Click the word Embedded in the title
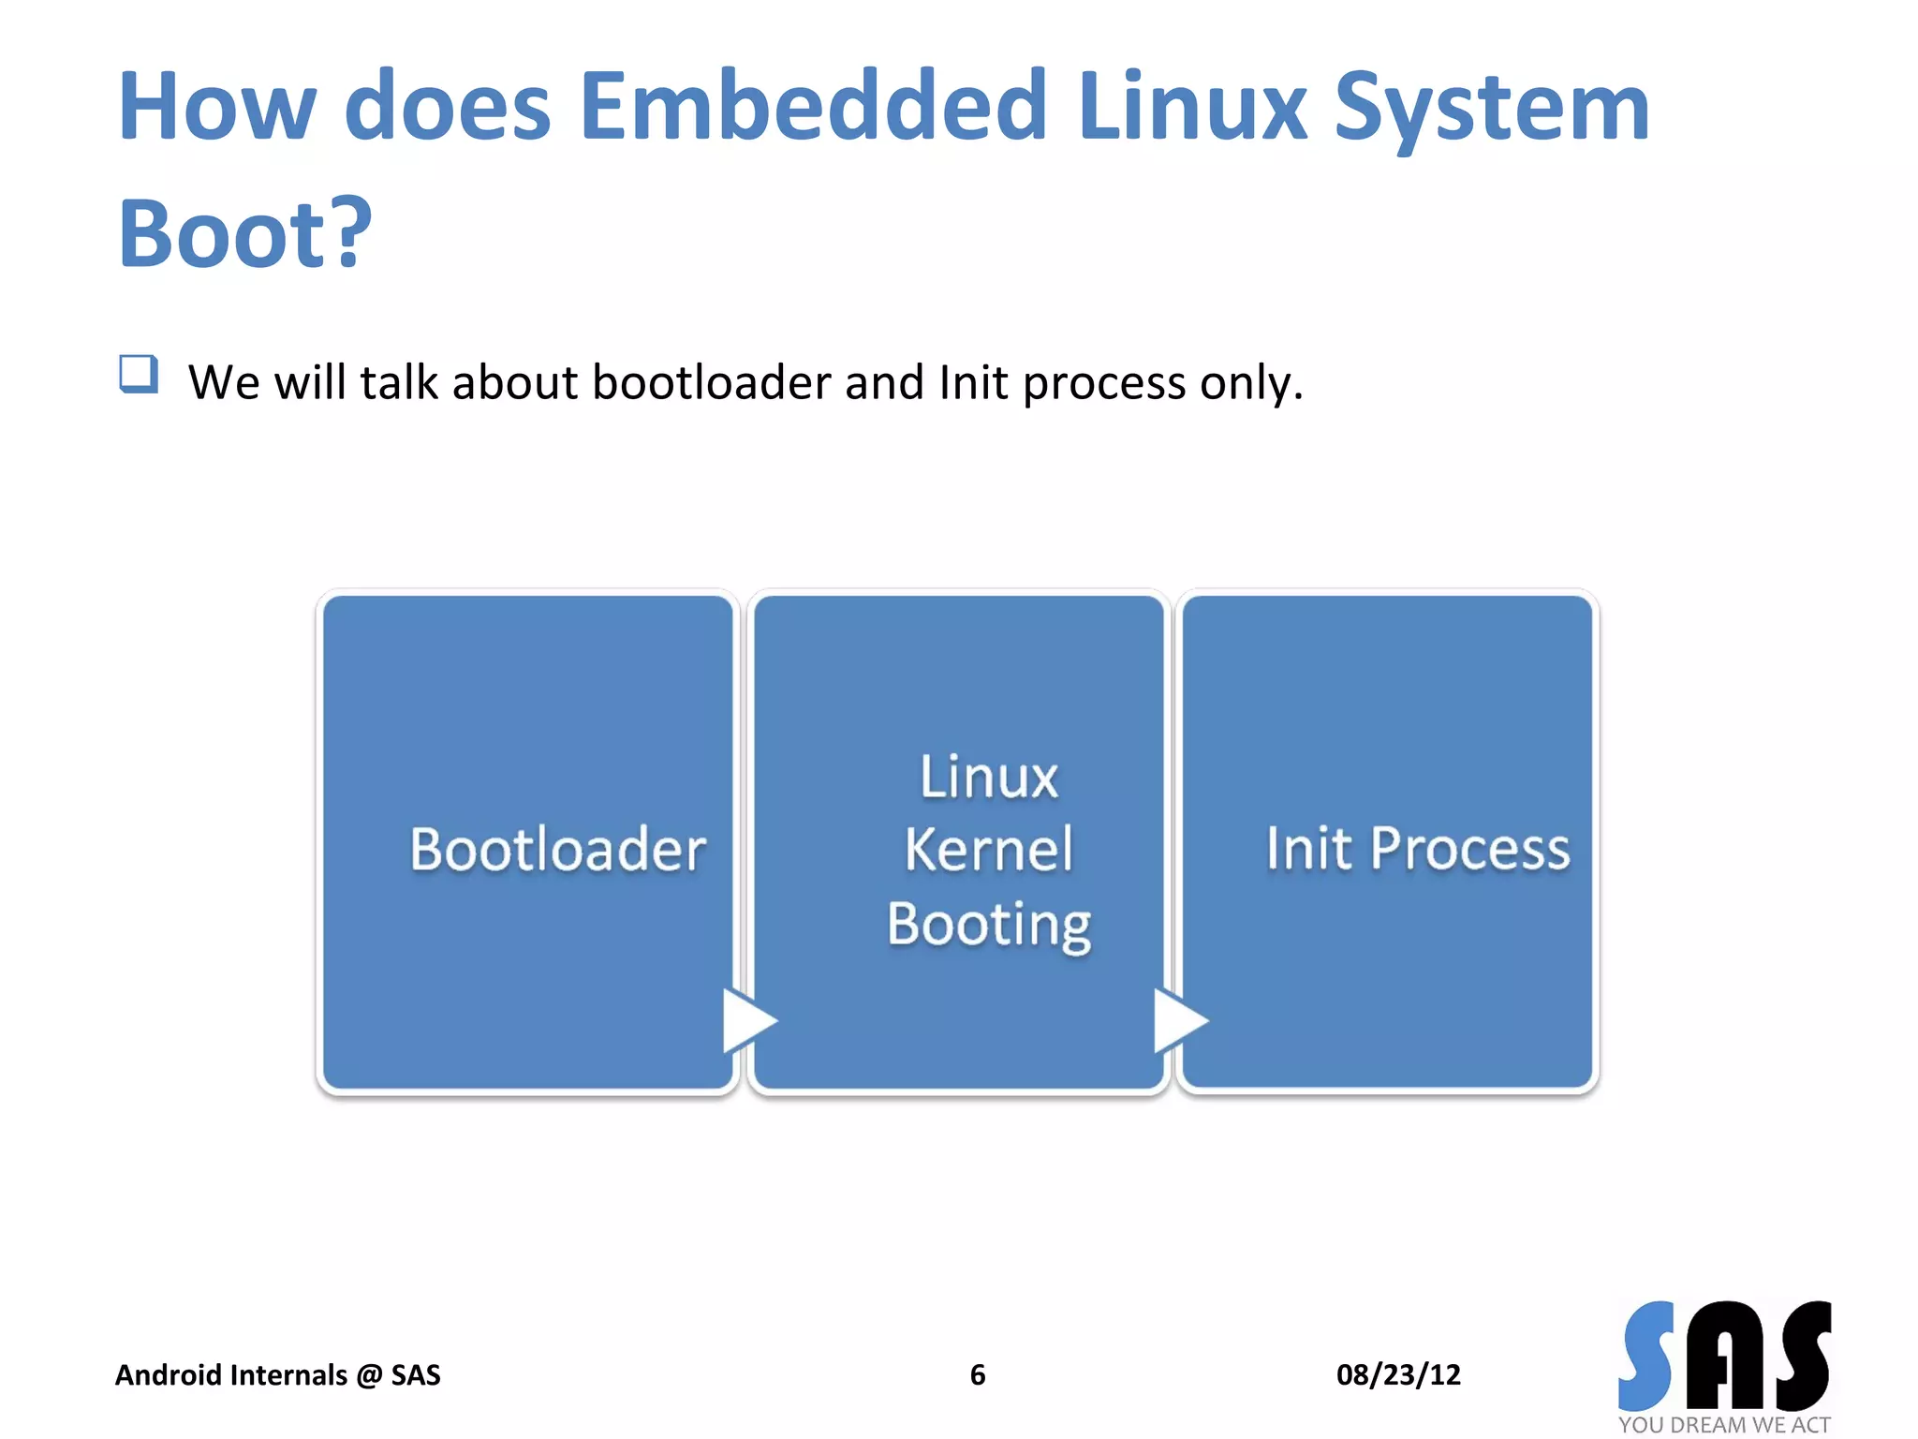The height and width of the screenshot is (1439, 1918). point(813,107)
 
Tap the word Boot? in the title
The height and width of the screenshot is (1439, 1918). point(245,233)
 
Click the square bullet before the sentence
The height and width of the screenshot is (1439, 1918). point(139,375)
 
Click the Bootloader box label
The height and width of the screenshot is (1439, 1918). point(557,850)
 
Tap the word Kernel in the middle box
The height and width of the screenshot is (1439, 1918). point(988,850)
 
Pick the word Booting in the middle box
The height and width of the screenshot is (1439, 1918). point(989,925)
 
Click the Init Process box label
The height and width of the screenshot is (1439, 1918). point(1417,849)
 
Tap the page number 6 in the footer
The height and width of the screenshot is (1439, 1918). point(978,1374)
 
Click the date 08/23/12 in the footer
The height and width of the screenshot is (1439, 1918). point(1398,1374)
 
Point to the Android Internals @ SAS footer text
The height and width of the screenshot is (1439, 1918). point(277,1374)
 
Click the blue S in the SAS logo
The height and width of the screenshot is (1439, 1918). point(1647,1356)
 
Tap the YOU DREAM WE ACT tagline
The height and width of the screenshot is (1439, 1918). point(1724,1425)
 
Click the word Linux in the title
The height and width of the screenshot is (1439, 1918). point(1191,107)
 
